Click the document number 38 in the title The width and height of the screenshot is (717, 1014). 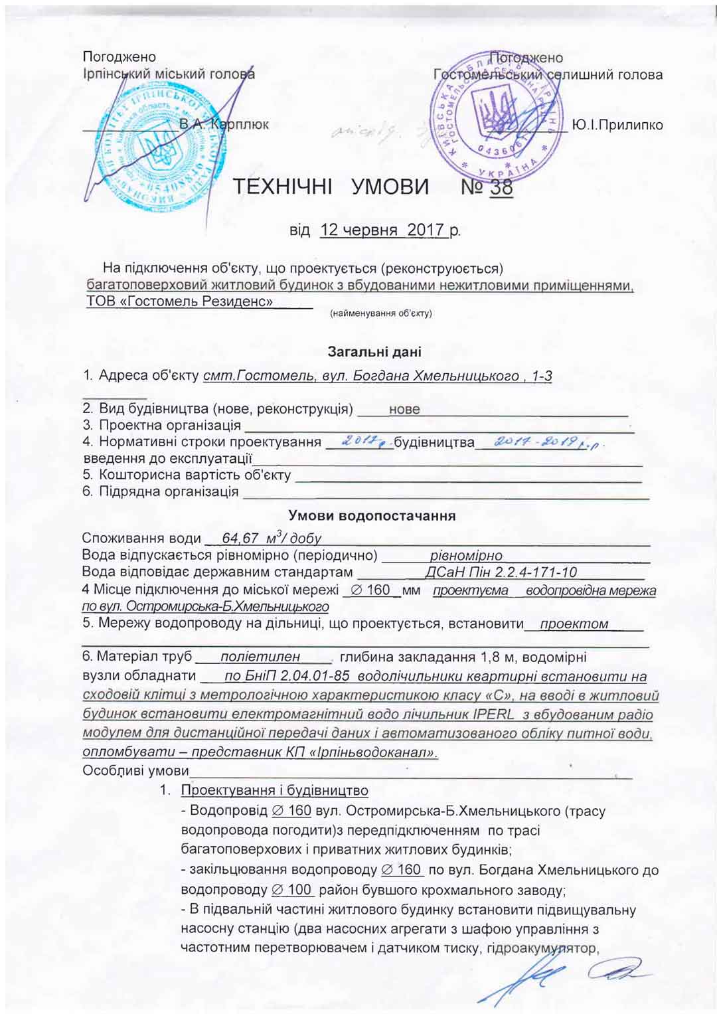point(502,188)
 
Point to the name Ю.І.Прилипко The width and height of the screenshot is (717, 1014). point(617,125)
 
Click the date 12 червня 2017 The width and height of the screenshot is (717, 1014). point(382,230)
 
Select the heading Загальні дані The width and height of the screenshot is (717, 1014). point(374,352)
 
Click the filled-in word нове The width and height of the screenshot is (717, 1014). point(404,409)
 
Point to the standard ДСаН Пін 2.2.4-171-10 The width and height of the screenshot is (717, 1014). point(501,572)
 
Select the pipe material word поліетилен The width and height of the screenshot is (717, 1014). point(260,657)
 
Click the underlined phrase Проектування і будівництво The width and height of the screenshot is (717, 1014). point(275,790)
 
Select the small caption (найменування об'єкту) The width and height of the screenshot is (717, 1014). point(381,313)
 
